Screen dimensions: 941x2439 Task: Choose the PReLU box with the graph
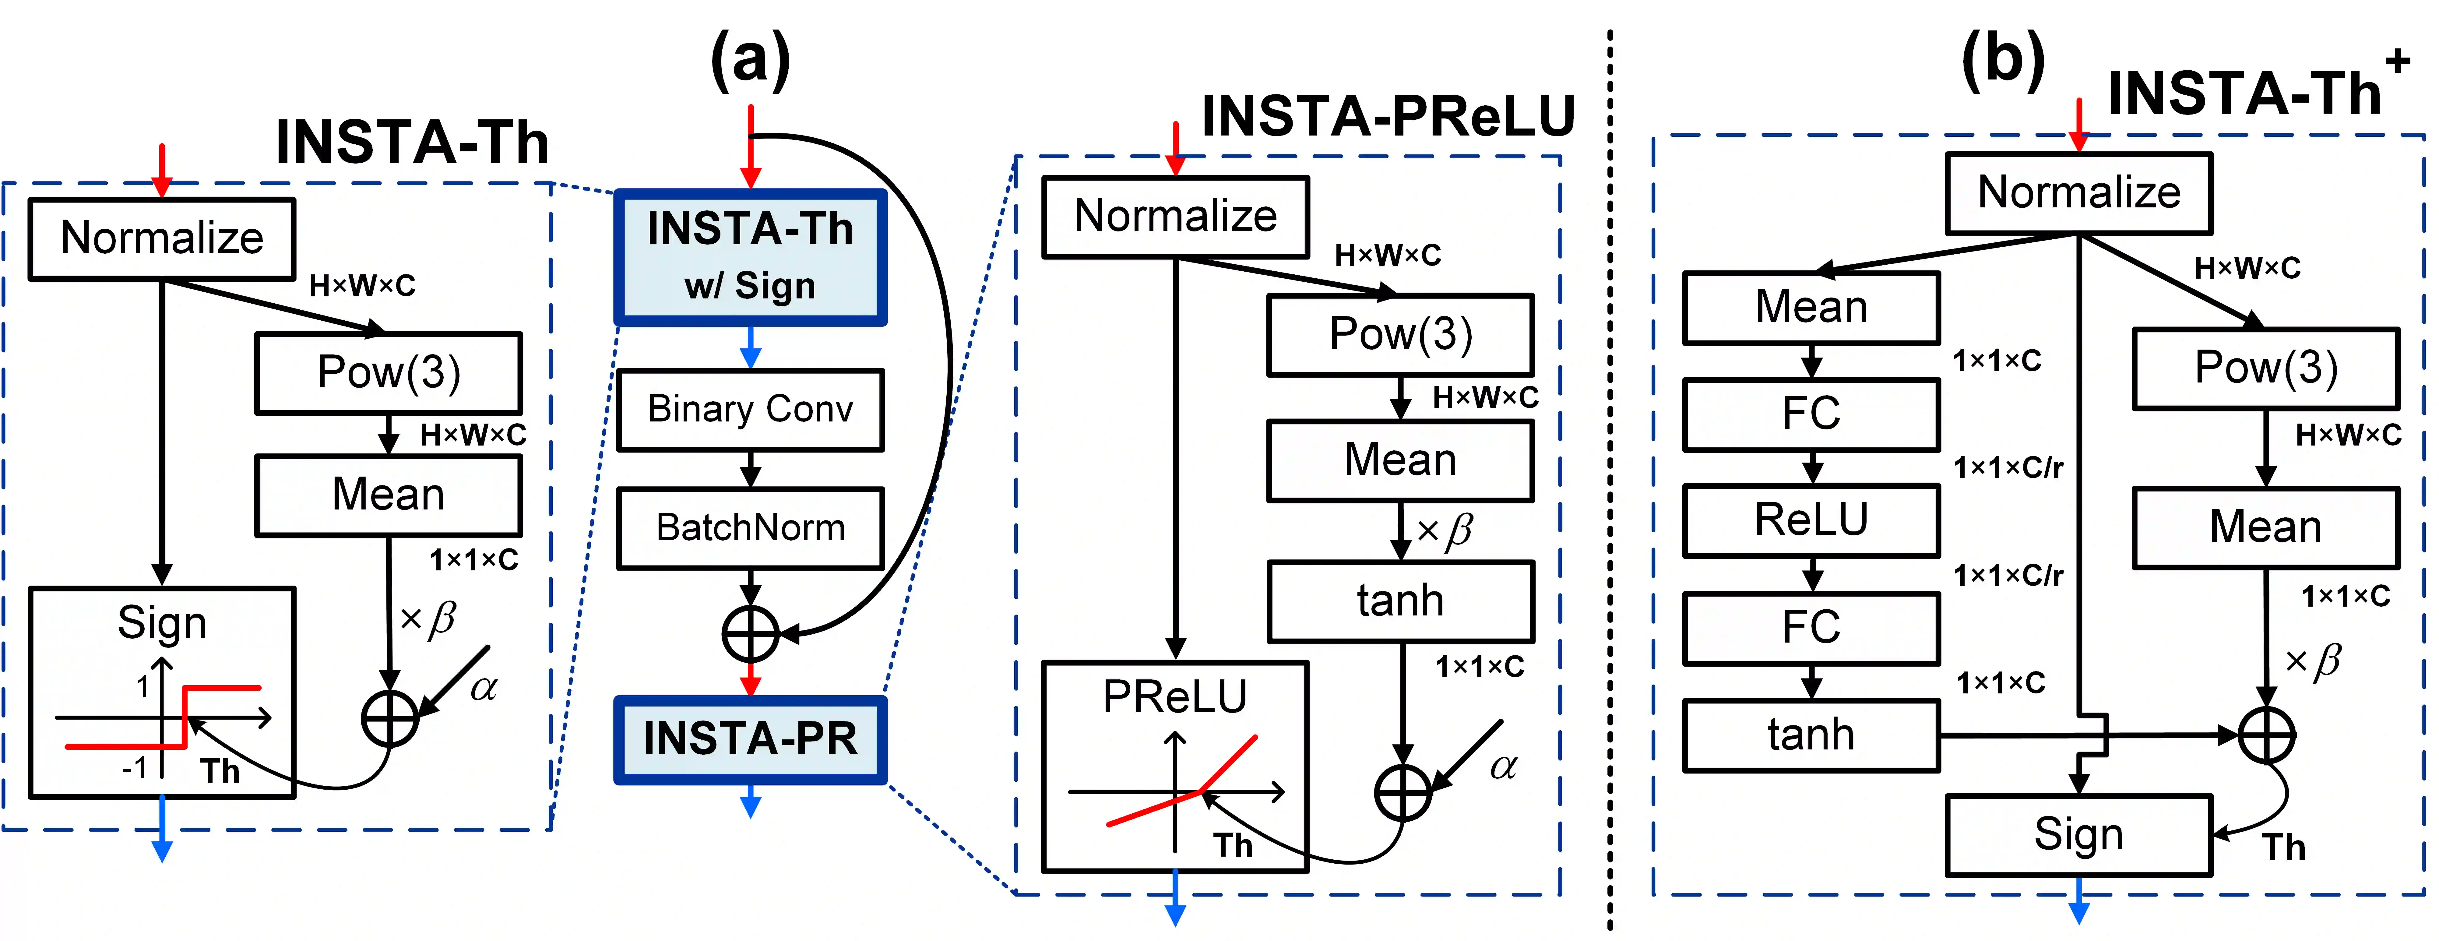point(1175,767)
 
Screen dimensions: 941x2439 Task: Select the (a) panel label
point(750,59)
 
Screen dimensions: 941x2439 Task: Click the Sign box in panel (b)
point(2078,835)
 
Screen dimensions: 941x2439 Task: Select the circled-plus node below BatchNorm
point(750,633)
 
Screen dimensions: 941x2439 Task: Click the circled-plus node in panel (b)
point(2266,735)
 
